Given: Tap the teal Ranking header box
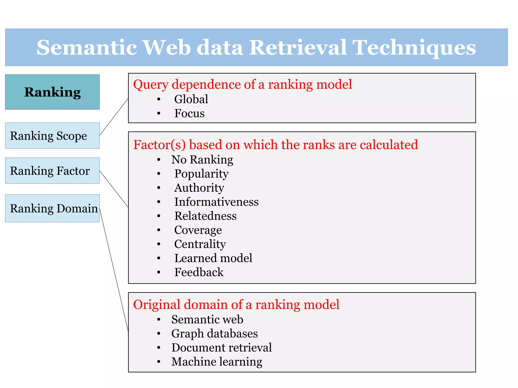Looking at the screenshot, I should pos(52,92).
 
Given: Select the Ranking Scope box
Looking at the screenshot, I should pos(52,136).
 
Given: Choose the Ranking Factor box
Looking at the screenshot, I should pos(52,171).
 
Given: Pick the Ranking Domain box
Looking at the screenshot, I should pos(52,208).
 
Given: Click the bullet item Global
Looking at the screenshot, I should pos(191,99).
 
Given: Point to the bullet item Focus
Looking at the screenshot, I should pos(189,113).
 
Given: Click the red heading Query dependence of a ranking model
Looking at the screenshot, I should pos(242,84).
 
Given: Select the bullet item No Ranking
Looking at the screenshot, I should pos(202,160).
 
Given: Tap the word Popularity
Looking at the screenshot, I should pos(201,174).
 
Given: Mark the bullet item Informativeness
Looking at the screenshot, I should pos(216,202).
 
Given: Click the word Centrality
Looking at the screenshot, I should pos(200,244).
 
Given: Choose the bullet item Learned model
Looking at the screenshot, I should pos(213,258).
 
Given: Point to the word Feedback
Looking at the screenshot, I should pos(199,272).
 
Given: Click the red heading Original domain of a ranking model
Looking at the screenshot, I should pos(236,304).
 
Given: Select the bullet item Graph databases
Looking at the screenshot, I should pos(214,333).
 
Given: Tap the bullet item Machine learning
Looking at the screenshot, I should pos(217,362).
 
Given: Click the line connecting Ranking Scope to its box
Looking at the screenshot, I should pos(114,117).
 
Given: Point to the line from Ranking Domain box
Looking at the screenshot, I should pos(114,270).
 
